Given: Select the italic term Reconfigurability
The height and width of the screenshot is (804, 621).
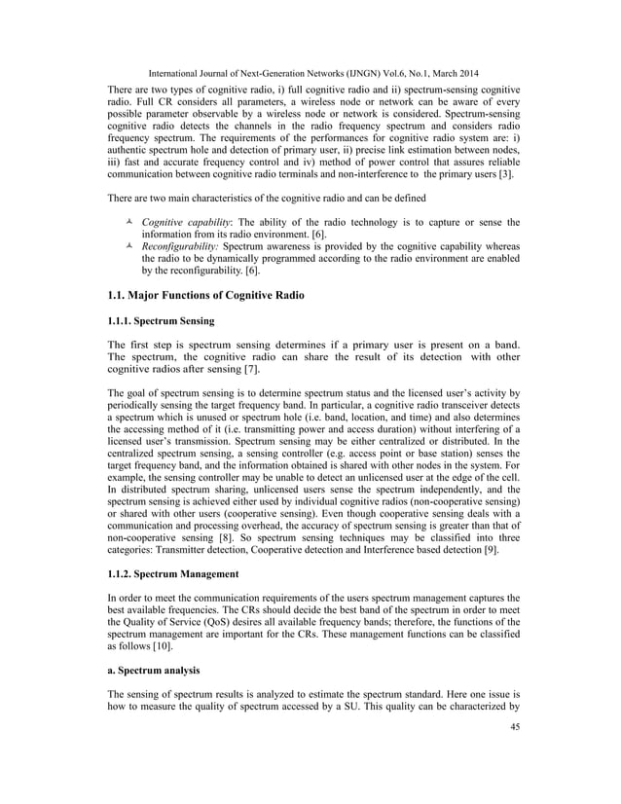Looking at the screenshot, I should click(x=179, y=248).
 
